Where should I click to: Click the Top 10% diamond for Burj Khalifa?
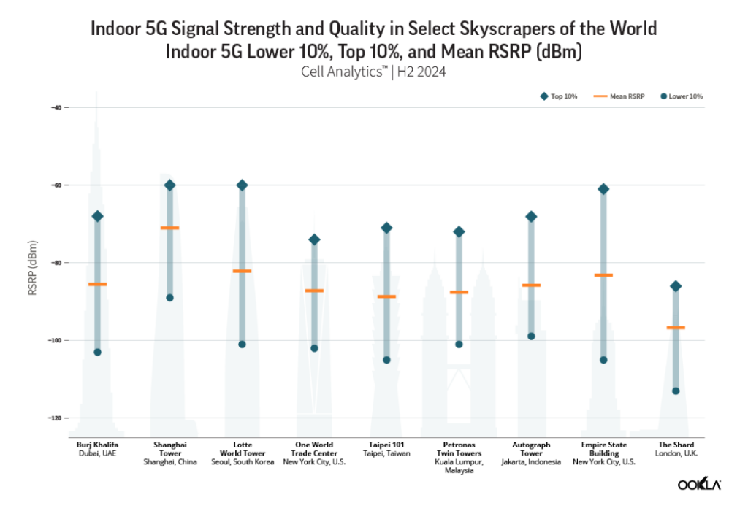[97, 216]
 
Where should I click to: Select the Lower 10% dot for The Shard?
[676, 391]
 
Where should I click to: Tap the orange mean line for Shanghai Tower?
[169, 228]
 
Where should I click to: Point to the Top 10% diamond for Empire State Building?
[603, 189]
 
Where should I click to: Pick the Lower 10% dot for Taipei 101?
[387, 360]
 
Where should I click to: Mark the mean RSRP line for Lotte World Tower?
[242, 271]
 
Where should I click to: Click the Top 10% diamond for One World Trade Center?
[314, 239]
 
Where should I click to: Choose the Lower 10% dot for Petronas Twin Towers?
[459, 345]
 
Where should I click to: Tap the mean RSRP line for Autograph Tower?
[531, 285]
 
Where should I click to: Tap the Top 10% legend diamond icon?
[543, 96]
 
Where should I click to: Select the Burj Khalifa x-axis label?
[97, 444]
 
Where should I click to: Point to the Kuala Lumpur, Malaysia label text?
[459, 466]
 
